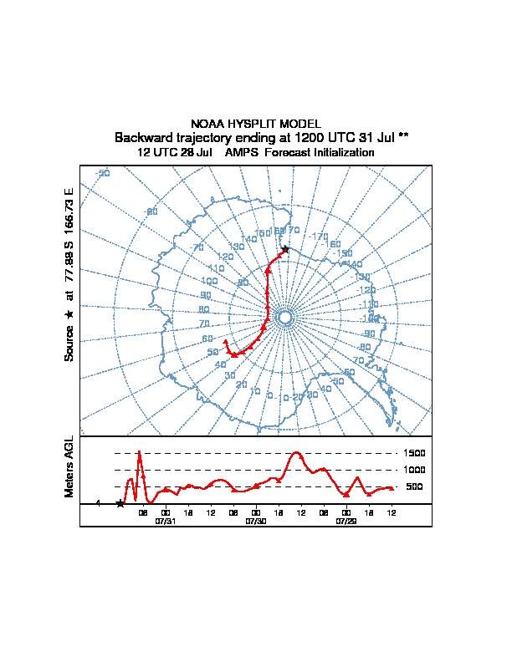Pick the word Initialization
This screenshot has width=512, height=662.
(342, 153)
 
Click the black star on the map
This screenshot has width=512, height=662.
(285, 249)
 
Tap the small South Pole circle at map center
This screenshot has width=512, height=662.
(284, 318)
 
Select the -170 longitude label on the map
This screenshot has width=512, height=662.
(319, 237)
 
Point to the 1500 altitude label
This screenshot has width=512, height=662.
(416, 453)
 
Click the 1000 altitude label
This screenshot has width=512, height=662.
(416, 470)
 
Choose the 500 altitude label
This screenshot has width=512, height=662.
(416, 486)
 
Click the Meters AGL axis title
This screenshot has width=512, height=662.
(69, 466)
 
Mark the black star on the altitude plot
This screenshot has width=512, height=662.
(120, 503)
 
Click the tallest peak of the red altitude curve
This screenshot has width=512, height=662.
(139, 451)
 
